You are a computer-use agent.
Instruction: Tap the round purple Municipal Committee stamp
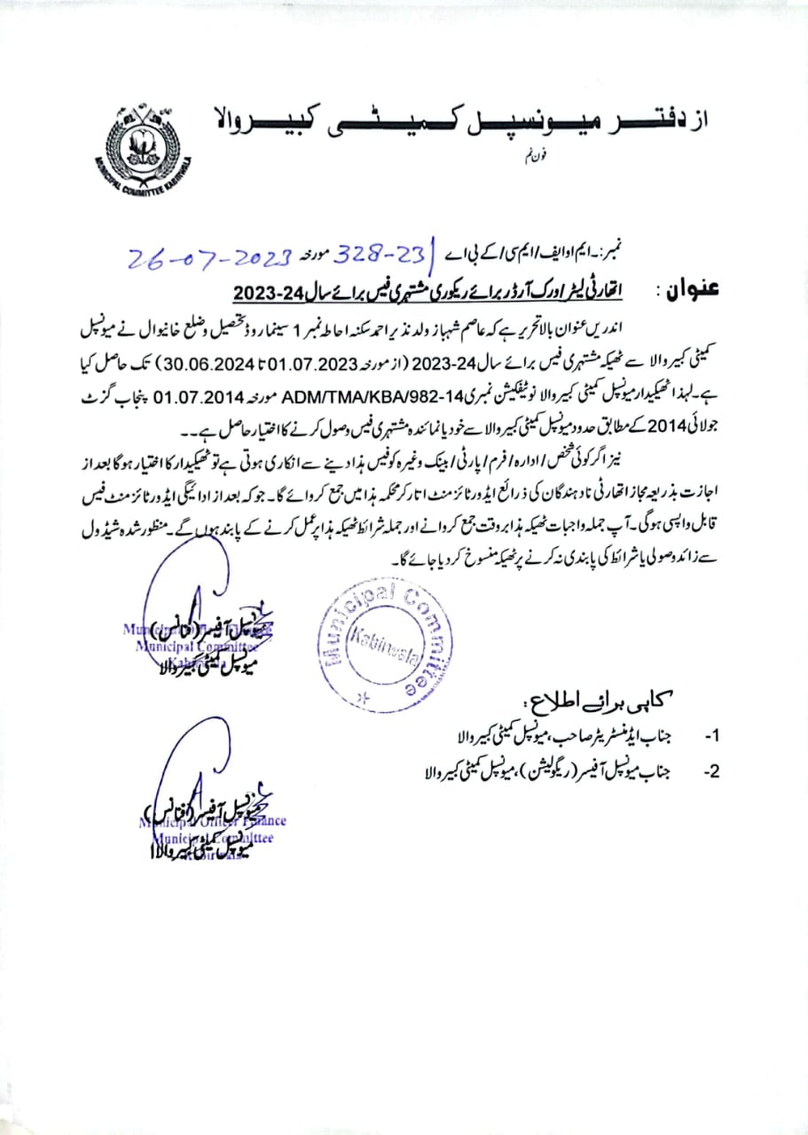pos(387,638)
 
